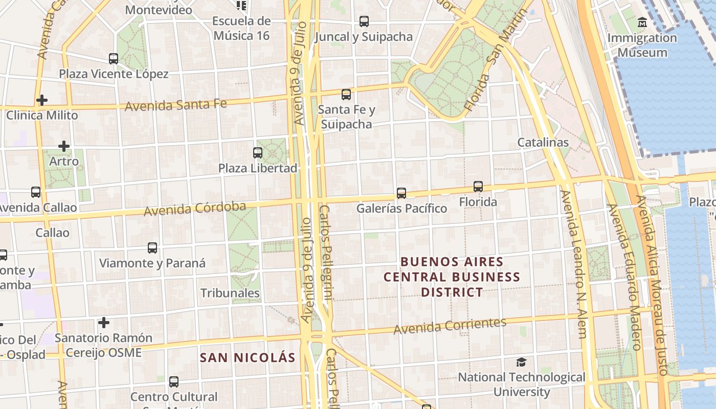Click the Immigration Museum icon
(x=642, y=22)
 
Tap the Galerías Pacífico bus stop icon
(x=401, y=193)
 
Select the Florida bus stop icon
(x=478, y=187)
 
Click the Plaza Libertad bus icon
(x=258, y=153)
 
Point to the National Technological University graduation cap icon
(x=521, y=362)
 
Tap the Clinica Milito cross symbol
(x=42, y=100)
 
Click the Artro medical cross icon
(x=64, y=147)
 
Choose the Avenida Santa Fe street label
(x=175, y=105)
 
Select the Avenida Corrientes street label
(x=450, y=326)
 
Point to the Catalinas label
(x=543, y=142)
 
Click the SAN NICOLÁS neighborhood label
(x=248, y=357)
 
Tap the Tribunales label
(x=230, y=293)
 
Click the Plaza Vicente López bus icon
(x=114, y=59)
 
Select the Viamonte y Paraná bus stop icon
(x=152, y=248)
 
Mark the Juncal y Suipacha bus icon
(x=364, y=21)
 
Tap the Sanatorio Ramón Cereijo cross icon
(x=104, y=323)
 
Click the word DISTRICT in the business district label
(x=452, y=292)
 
